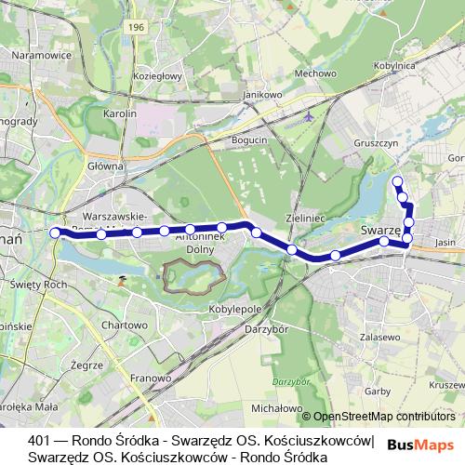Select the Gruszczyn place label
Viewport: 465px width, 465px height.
[x=376, y=144]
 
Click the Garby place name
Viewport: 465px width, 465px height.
[x=378, y=392]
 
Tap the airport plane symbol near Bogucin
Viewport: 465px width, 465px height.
[x=310, y=118]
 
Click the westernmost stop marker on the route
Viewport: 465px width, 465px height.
[x=55, y=232]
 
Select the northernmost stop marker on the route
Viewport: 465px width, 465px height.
[x=397, y=181]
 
